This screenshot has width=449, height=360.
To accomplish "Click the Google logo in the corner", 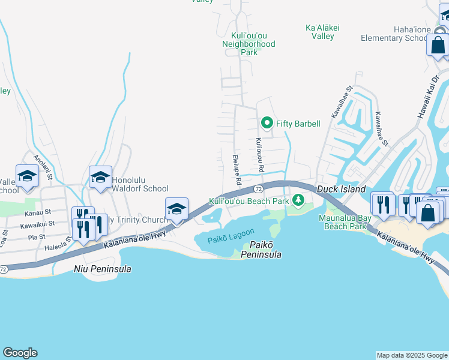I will pyautogui.click(x=20, y=353).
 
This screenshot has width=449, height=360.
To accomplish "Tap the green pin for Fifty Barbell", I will pyautogui.click(x=268, y=124).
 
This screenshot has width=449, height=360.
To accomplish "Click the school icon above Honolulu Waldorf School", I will pyautogui.click(x=100, y=177).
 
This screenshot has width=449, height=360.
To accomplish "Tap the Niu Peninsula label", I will pyautogui.click(x=102, y=269).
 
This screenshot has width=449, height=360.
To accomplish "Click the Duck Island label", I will pyautogui.click(x=341, y=189).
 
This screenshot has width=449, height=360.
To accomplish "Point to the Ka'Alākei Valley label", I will pyautogui.click(x=319, y=32).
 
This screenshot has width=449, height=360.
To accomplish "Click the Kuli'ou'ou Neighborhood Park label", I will pyautogui.click(x=249, y=44).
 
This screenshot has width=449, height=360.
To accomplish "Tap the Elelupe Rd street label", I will pyautogui.click(x=236, y=170).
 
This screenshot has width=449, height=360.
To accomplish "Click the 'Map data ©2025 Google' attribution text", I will pyautogui.click(x=412, y=355).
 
